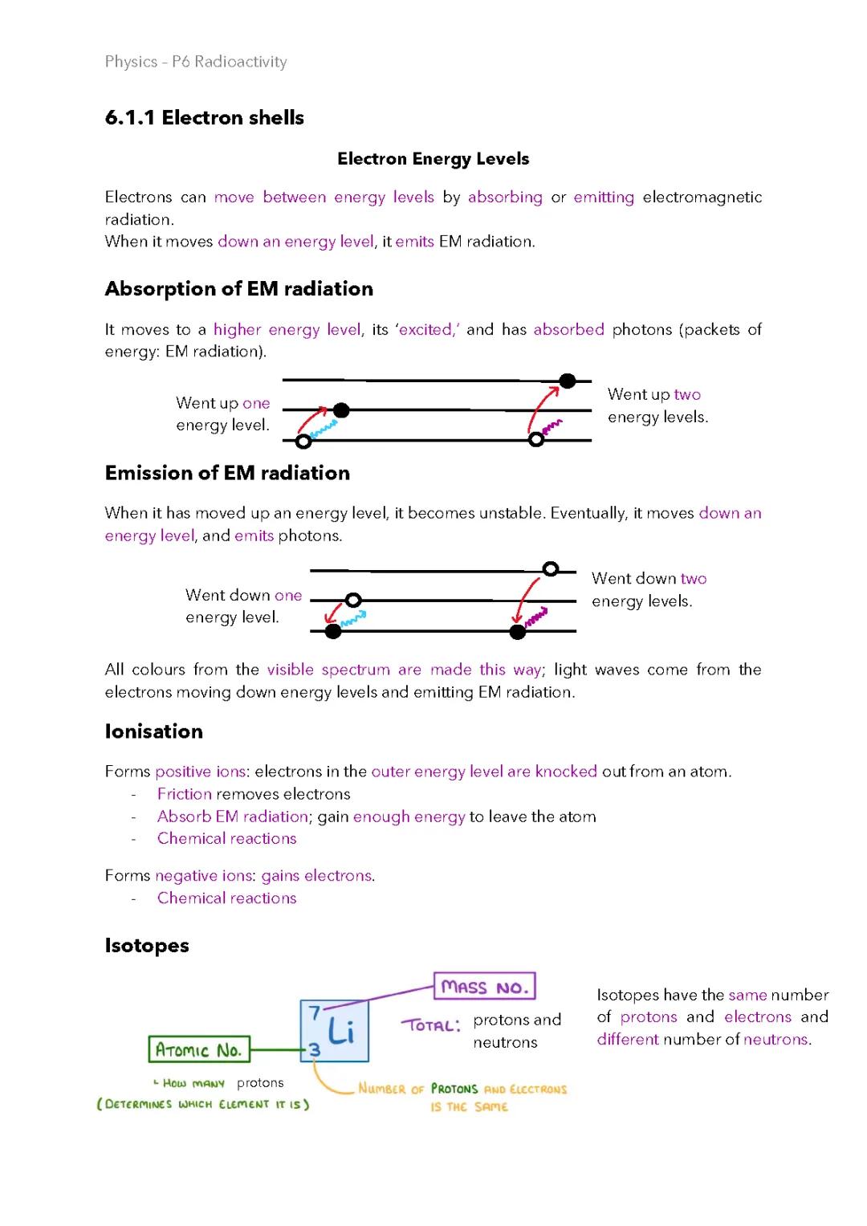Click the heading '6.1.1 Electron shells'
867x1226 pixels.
204,118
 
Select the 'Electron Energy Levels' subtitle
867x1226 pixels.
433,159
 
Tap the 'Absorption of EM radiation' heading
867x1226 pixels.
238,289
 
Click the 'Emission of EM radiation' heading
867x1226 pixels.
227,473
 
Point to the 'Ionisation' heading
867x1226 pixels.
153,731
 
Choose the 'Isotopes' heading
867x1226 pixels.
147,946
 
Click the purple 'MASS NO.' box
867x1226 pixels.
484,987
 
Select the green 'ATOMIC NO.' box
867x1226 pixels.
198,1050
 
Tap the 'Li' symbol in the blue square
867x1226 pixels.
341,1030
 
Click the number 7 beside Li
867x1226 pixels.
314,1013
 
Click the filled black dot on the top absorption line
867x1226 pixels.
568,381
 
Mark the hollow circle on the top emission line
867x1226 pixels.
550,569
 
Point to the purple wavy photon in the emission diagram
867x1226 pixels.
536,617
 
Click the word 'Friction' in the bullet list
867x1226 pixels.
184,794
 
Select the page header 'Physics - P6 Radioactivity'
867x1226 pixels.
195,62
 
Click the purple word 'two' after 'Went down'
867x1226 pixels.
693,579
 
